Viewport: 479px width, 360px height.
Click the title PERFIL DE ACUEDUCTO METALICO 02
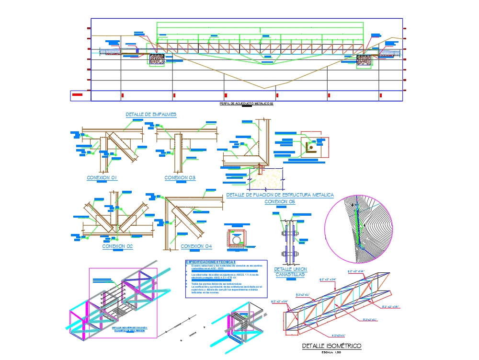[246, 104]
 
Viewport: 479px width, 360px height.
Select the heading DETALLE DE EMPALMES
[151, 115]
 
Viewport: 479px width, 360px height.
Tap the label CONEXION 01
[102, 178]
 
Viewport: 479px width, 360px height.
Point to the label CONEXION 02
[117, 246]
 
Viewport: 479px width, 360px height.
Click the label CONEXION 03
[180, 178]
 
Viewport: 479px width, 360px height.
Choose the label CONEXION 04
[196, 246]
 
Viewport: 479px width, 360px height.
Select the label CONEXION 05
[280, 202]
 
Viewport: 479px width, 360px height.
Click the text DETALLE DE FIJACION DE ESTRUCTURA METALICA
[280, 195]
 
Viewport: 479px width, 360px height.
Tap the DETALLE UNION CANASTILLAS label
[290, 272]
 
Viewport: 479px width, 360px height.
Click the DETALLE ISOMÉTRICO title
[331, 346]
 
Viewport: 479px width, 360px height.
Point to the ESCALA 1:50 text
[331, 352]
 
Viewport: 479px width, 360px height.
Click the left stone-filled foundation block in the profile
[157, 59]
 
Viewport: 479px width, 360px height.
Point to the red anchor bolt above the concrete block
[260, 169]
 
